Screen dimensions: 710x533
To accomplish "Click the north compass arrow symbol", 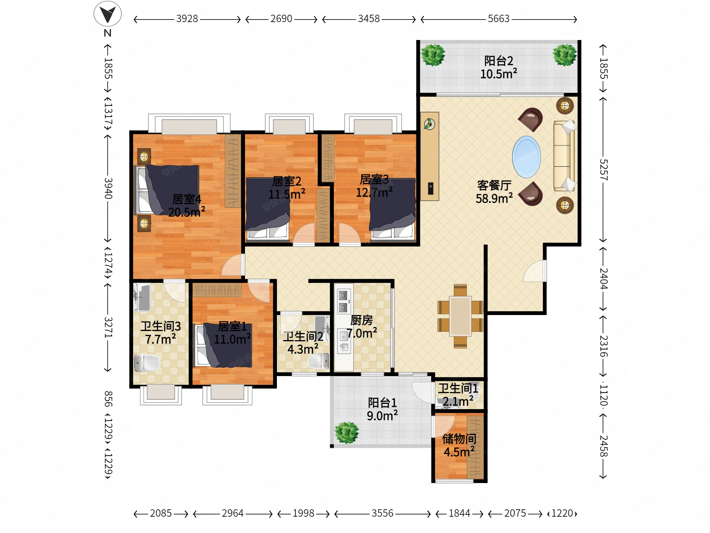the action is (107, 14).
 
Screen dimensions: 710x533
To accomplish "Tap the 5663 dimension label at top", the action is (499, 19).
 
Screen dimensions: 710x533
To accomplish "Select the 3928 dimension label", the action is (187, 19).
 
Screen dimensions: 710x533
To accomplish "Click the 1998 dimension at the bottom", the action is (303, 513).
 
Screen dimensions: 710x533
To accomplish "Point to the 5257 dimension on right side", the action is (603, 170).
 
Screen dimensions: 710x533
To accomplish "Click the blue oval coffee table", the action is (526, 157).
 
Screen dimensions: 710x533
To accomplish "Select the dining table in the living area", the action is (460, 316).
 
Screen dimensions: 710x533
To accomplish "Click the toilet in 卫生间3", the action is (147, 363).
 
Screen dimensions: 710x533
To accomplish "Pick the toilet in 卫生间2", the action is (319, 361).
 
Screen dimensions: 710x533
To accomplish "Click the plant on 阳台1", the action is (346, 432).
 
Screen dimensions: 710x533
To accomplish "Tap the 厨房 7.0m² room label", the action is (362, 327).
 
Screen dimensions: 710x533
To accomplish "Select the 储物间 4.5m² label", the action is (459, 445).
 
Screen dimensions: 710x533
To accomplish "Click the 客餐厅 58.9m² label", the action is (494, 192).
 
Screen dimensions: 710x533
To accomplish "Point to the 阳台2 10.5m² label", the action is (499, 67).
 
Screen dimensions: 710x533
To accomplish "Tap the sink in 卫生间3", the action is (142, 297).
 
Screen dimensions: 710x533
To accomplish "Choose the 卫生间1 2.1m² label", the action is (458, 394).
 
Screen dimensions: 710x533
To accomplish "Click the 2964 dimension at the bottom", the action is (233, 513).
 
